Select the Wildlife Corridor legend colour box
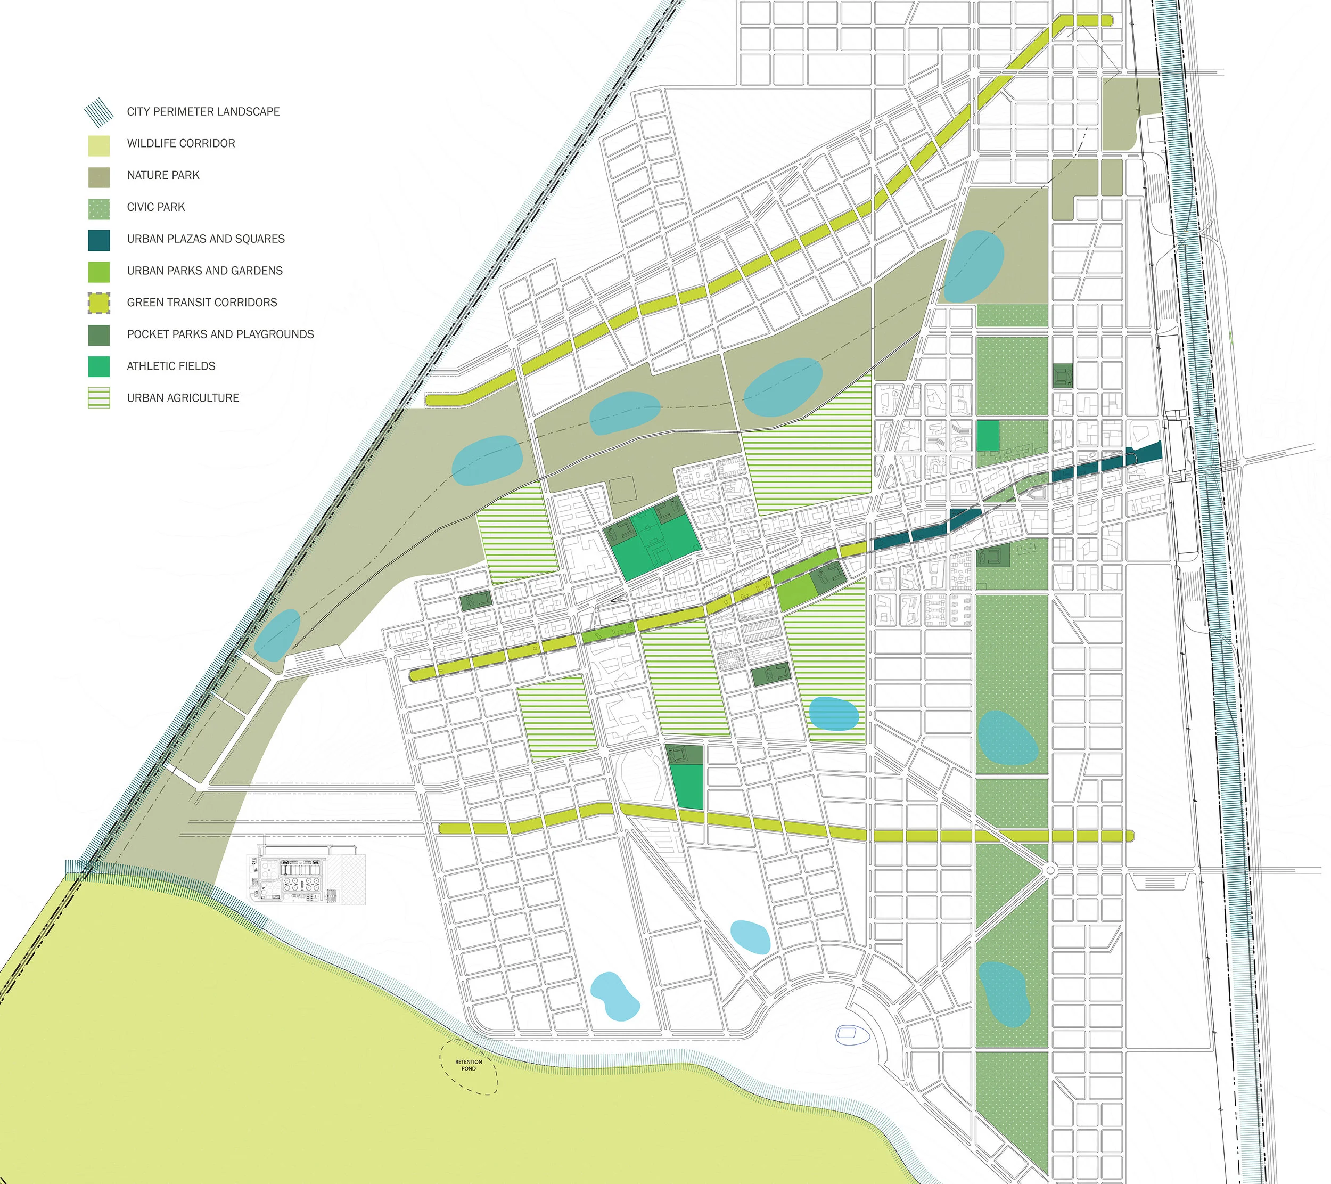(99, 144)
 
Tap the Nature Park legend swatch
(99, 176)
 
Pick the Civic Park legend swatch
(99, 208)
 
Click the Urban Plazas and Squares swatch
(99, 240)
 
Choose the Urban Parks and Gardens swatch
(99, 272)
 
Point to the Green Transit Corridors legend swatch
(99, 304)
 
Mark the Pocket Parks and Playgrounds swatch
(99, 335)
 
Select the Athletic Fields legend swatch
(99, 366)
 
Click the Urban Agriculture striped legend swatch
(99, 398)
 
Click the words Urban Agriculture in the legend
(183, 398)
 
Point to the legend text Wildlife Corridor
(181, 143)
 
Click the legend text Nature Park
(163, 175)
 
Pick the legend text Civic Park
(155, 207)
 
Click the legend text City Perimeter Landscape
(203, 112)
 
